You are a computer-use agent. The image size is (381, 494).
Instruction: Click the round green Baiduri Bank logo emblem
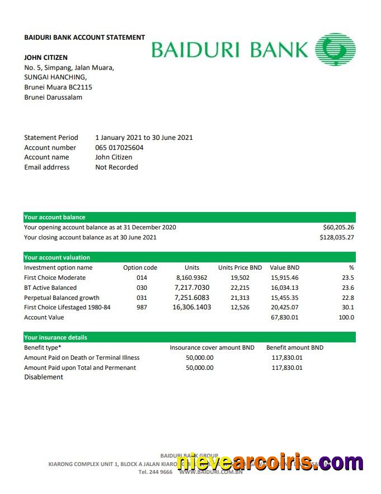point(335,49)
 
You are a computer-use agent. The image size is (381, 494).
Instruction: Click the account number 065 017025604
point(119,148)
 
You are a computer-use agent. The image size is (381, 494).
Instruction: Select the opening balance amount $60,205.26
point(338,228)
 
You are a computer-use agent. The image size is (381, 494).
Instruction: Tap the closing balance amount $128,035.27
point(337,238)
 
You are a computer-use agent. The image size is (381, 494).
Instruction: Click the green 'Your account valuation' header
point(57,258)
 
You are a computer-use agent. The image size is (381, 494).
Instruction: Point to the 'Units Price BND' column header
point(240,268)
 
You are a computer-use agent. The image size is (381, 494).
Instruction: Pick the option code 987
point(142,308)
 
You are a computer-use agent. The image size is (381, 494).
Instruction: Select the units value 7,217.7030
point(192,288)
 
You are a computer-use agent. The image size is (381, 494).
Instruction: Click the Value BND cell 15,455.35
point(284,298)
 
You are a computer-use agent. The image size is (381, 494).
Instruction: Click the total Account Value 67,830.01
point(284,318)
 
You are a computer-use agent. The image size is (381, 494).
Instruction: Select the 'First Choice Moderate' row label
point(55,278)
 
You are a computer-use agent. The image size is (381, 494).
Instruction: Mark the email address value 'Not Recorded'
point(116,167)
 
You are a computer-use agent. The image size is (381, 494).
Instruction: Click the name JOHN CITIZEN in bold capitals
point(46,58)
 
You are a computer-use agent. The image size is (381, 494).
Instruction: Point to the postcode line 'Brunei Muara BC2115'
point(58,87)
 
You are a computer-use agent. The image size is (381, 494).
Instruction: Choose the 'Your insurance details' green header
point(55,338)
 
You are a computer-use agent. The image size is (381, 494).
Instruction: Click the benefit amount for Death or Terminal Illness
point(287,358)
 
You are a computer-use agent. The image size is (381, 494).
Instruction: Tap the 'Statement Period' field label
point(51,138)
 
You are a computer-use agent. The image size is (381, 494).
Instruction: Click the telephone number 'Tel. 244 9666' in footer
point(155,472)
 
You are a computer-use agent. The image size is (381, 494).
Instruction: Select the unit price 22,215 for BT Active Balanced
point(240,288)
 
